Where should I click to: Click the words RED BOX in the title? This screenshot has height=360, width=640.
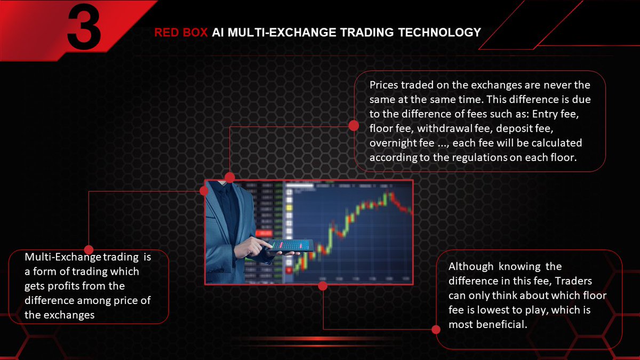click(x=181, y=33)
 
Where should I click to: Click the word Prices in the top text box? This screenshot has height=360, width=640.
click(x=383, y=85)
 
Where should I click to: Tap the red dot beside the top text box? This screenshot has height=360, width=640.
click(x=353, y=125)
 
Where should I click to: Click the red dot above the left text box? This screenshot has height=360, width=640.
click(x=89, y=250)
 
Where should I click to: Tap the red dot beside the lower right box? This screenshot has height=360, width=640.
click(x=436, y=330)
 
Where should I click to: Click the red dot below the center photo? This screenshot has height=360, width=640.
click(x=322, y=286)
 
